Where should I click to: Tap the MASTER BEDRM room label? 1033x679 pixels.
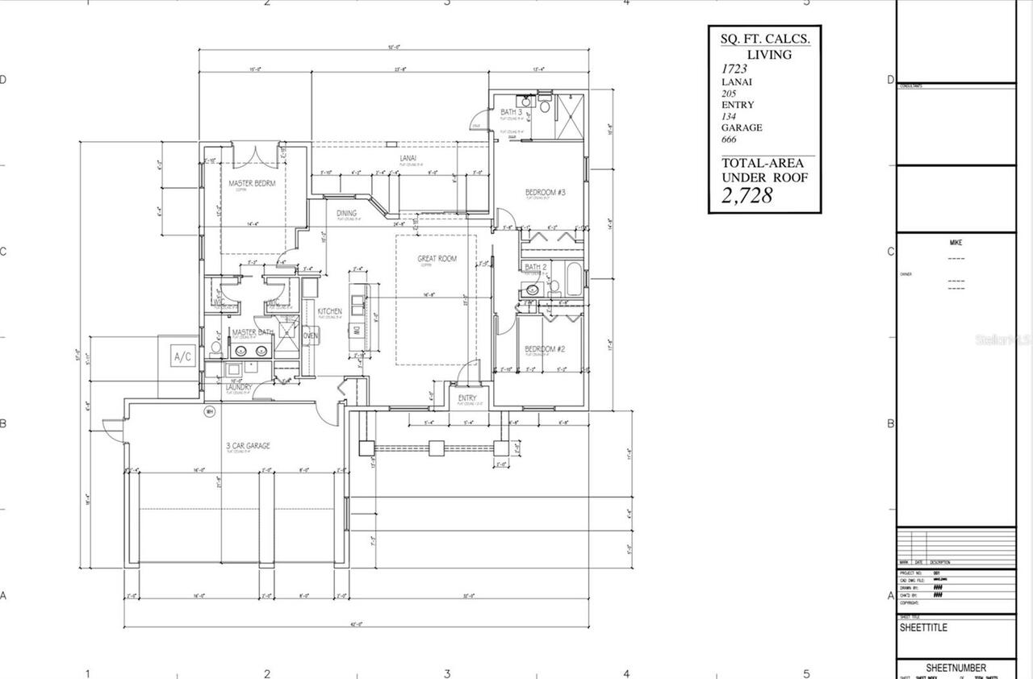coord(252,184)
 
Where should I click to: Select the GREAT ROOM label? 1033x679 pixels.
coord(437,259)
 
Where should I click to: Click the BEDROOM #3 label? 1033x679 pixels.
coord(546,192)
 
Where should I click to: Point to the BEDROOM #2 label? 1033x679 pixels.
coord(545,349)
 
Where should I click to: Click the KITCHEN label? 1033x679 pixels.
coord(329,311)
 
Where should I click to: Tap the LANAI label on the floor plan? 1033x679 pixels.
coord(408,159)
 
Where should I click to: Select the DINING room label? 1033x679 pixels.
coord(347,213)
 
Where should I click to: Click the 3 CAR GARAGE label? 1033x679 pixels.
coord(248,446)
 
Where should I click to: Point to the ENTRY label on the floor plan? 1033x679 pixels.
coord(466,398)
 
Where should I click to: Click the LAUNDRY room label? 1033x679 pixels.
coord(239,387)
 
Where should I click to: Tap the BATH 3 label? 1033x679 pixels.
coord(511,112)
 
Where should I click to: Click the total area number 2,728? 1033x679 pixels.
coord(747,195)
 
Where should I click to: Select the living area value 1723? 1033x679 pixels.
coord(735,69)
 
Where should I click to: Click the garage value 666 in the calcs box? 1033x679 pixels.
coord(729,140)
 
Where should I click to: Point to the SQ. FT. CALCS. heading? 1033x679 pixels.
coord(765,38)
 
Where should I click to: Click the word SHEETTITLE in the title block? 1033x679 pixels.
coord(923,628)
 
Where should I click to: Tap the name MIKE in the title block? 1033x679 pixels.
coord(956,243)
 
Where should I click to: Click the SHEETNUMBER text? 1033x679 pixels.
coord(956,668)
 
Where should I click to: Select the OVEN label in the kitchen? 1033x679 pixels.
coord(310,335)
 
